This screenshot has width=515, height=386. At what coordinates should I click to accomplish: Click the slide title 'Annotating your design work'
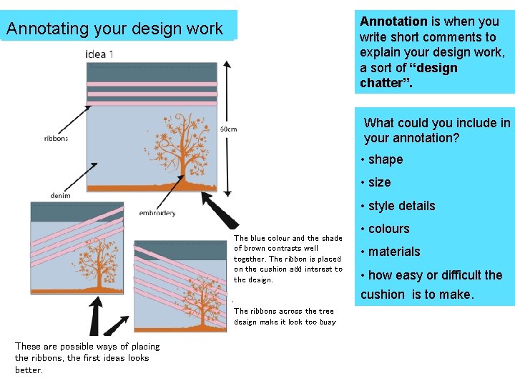[x=114, y=29]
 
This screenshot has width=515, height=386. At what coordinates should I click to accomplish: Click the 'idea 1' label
[x=99, y=54]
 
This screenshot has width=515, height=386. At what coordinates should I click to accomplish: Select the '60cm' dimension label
[x=228, y=129]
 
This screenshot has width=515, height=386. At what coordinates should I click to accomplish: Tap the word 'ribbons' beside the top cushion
[x=56, y=138]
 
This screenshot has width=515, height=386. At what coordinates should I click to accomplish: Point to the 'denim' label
[x=60, y=196]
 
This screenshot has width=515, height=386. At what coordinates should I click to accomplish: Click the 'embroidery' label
[x=157, y=213]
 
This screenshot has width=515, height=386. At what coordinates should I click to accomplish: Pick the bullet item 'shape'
[x=386, y=159]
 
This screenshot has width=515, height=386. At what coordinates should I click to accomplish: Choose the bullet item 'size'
[x=379, y=182]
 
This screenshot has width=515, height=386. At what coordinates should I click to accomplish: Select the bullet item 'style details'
[x=401, y=206]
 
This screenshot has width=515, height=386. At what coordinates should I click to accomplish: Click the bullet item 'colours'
[x=388, y=229]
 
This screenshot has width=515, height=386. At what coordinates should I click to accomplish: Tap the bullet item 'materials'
[x=394, y=252]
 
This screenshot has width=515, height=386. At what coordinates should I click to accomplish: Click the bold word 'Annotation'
[x=393, y=21]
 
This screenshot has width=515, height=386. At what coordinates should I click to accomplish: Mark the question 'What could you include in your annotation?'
[x=436, y=130]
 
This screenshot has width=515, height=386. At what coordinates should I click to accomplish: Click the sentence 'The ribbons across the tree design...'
[x=285, y=317]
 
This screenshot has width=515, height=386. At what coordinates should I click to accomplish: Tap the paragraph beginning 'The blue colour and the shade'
[x=288, y=259]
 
